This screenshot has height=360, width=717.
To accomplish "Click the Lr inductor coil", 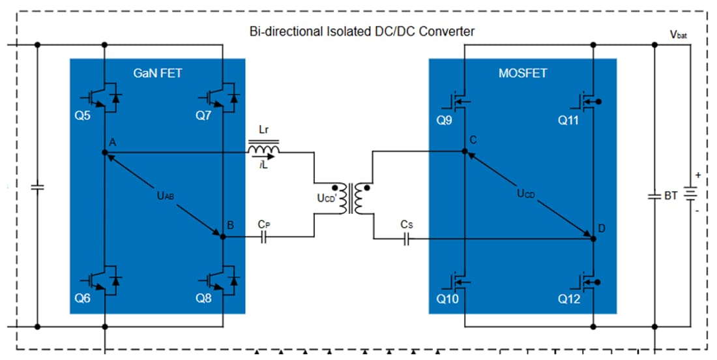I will pos(263,150).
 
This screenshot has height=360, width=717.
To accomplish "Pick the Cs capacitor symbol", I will pos(407,239).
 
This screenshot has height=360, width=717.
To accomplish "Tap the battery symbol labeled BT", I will pos(692,194).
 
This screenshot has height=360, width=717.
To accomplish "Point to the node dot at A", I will pos(105,153).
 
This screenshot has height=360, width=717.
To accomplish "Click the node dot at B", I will pos(223,237).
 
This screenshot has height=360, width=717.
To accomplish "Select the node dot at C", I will pos(465,152).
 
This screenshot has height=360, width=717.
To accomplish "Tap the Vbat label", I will pos(678,35).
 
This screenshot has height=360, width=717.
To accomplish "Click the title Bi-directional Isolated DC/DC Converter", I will pos(362,31).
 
